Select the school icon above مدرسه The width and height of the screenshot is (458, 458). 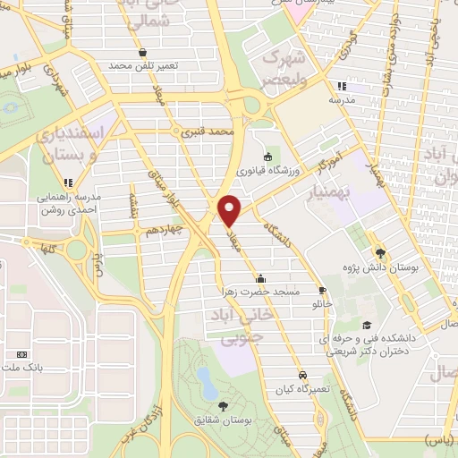pos(341,87)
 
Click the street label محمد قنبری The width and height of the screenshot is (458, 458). pos(207,131)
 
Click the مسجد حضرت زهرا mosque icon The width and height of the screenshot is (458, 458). pos(260,277)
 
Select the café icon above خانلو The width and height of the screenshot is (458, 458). pos(322,290)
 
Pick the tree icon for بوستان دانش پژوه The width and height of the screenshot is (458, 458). pos(380,253)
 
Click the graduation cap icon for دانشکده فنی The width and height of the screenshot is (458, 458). pos(366,325)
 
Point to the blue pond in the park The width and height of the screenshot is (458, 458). pos(208,381)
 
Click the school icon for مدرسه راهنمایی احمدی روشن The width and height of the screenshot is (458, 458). pos(69,182)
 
